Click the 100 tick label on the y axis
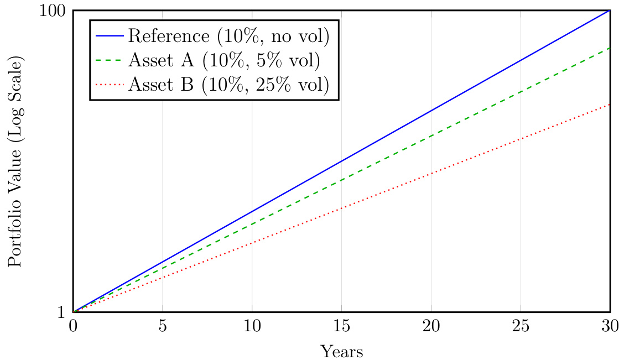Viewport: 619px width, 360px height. [x=53, y=11]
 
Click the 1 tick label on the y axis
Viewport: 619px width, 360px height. [x=62, y=312]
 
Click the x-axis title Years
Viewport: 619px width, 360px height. [x=341, y=351]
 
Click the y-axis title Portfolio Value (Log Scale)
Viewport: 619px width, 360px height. [x=15, y=161]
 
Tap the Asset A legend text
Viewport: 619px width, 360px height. [x=224, y=60]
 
